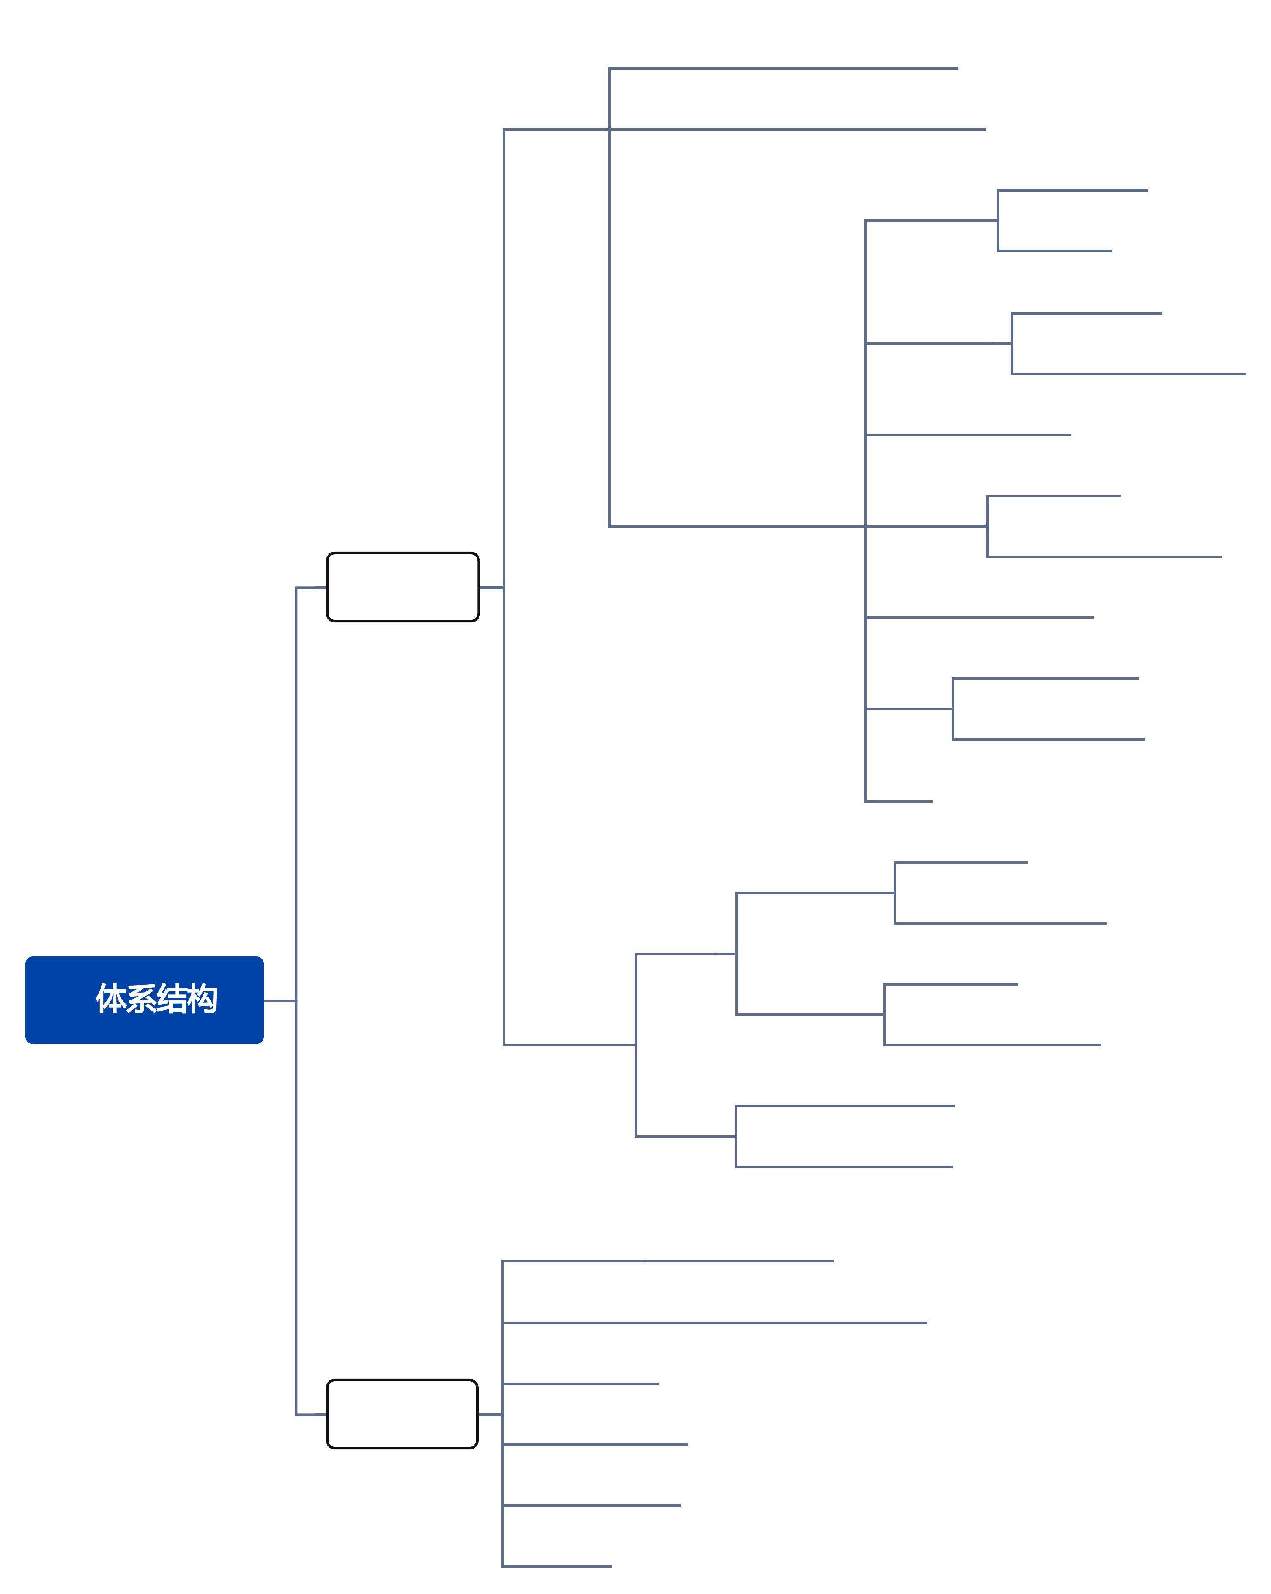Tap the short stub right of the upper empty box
[x=491, y=588]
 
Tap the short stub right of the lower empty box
[x=490, y=1414]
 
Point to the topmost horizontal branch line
[x=784, y=69]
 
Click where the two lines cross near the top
[x=609, y=129]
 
